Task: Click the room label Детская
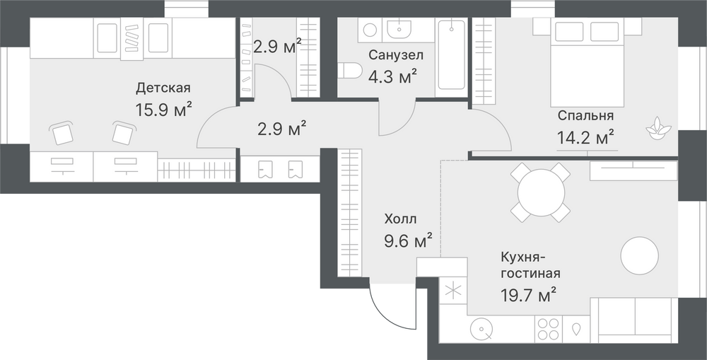point(163,88)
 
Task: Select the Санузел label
point(396,55)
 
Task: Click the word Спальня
point(585,115)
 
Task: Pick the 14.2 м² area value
point(585,138)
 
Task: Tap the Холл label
point(400,219)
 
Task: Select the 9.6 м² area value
point(408,241)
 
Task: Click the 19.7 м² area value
point(528,296)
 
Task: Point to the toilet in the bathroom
point(350,71)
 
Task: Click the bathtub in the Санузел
point(451,54)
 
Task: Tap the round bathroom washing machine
point(370,30)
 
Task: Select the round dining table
point(541,192)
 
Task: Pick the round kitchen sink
point(481,330)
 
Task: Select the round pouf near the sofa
point(639,256)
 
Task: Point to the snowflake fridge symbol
point(452,291)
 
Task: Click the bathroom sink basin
point(399,29)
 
